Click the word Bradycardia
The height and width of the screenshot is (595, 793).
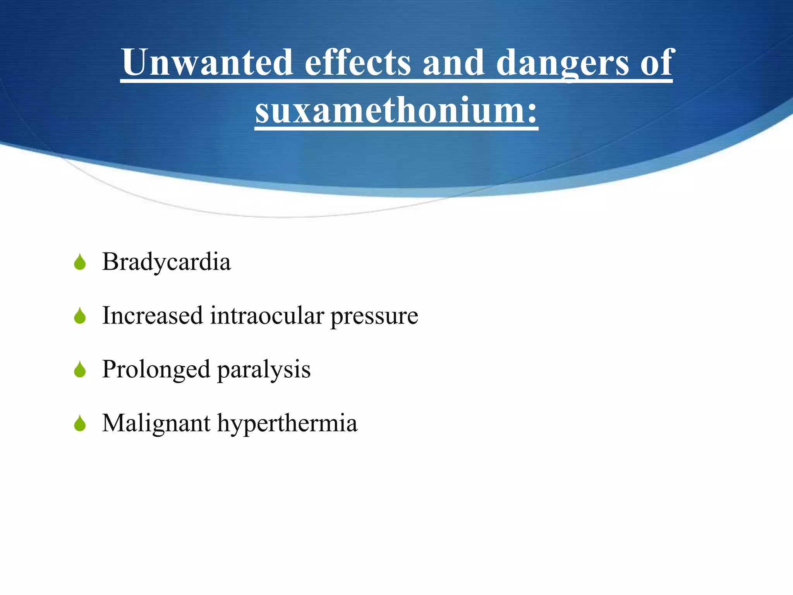pyautogui.click(x=166, y=262)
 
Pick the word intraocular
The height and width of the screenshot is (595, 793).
pyautogui.click(x=267, y=315)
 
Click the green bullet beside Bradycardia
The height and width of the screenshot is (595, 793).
pyautogui.click(x=80, y=262)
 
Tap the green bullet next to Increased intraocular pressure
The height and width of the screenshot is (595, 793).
pyautogui.click(x=80, y=316)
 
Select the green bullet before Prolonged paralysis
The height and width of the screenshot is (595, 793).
pyautogui.click(x=80, y=370)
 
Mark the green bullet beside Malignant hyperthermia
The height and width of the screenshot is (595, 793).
pyautogui.click(x=80, y=423)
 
